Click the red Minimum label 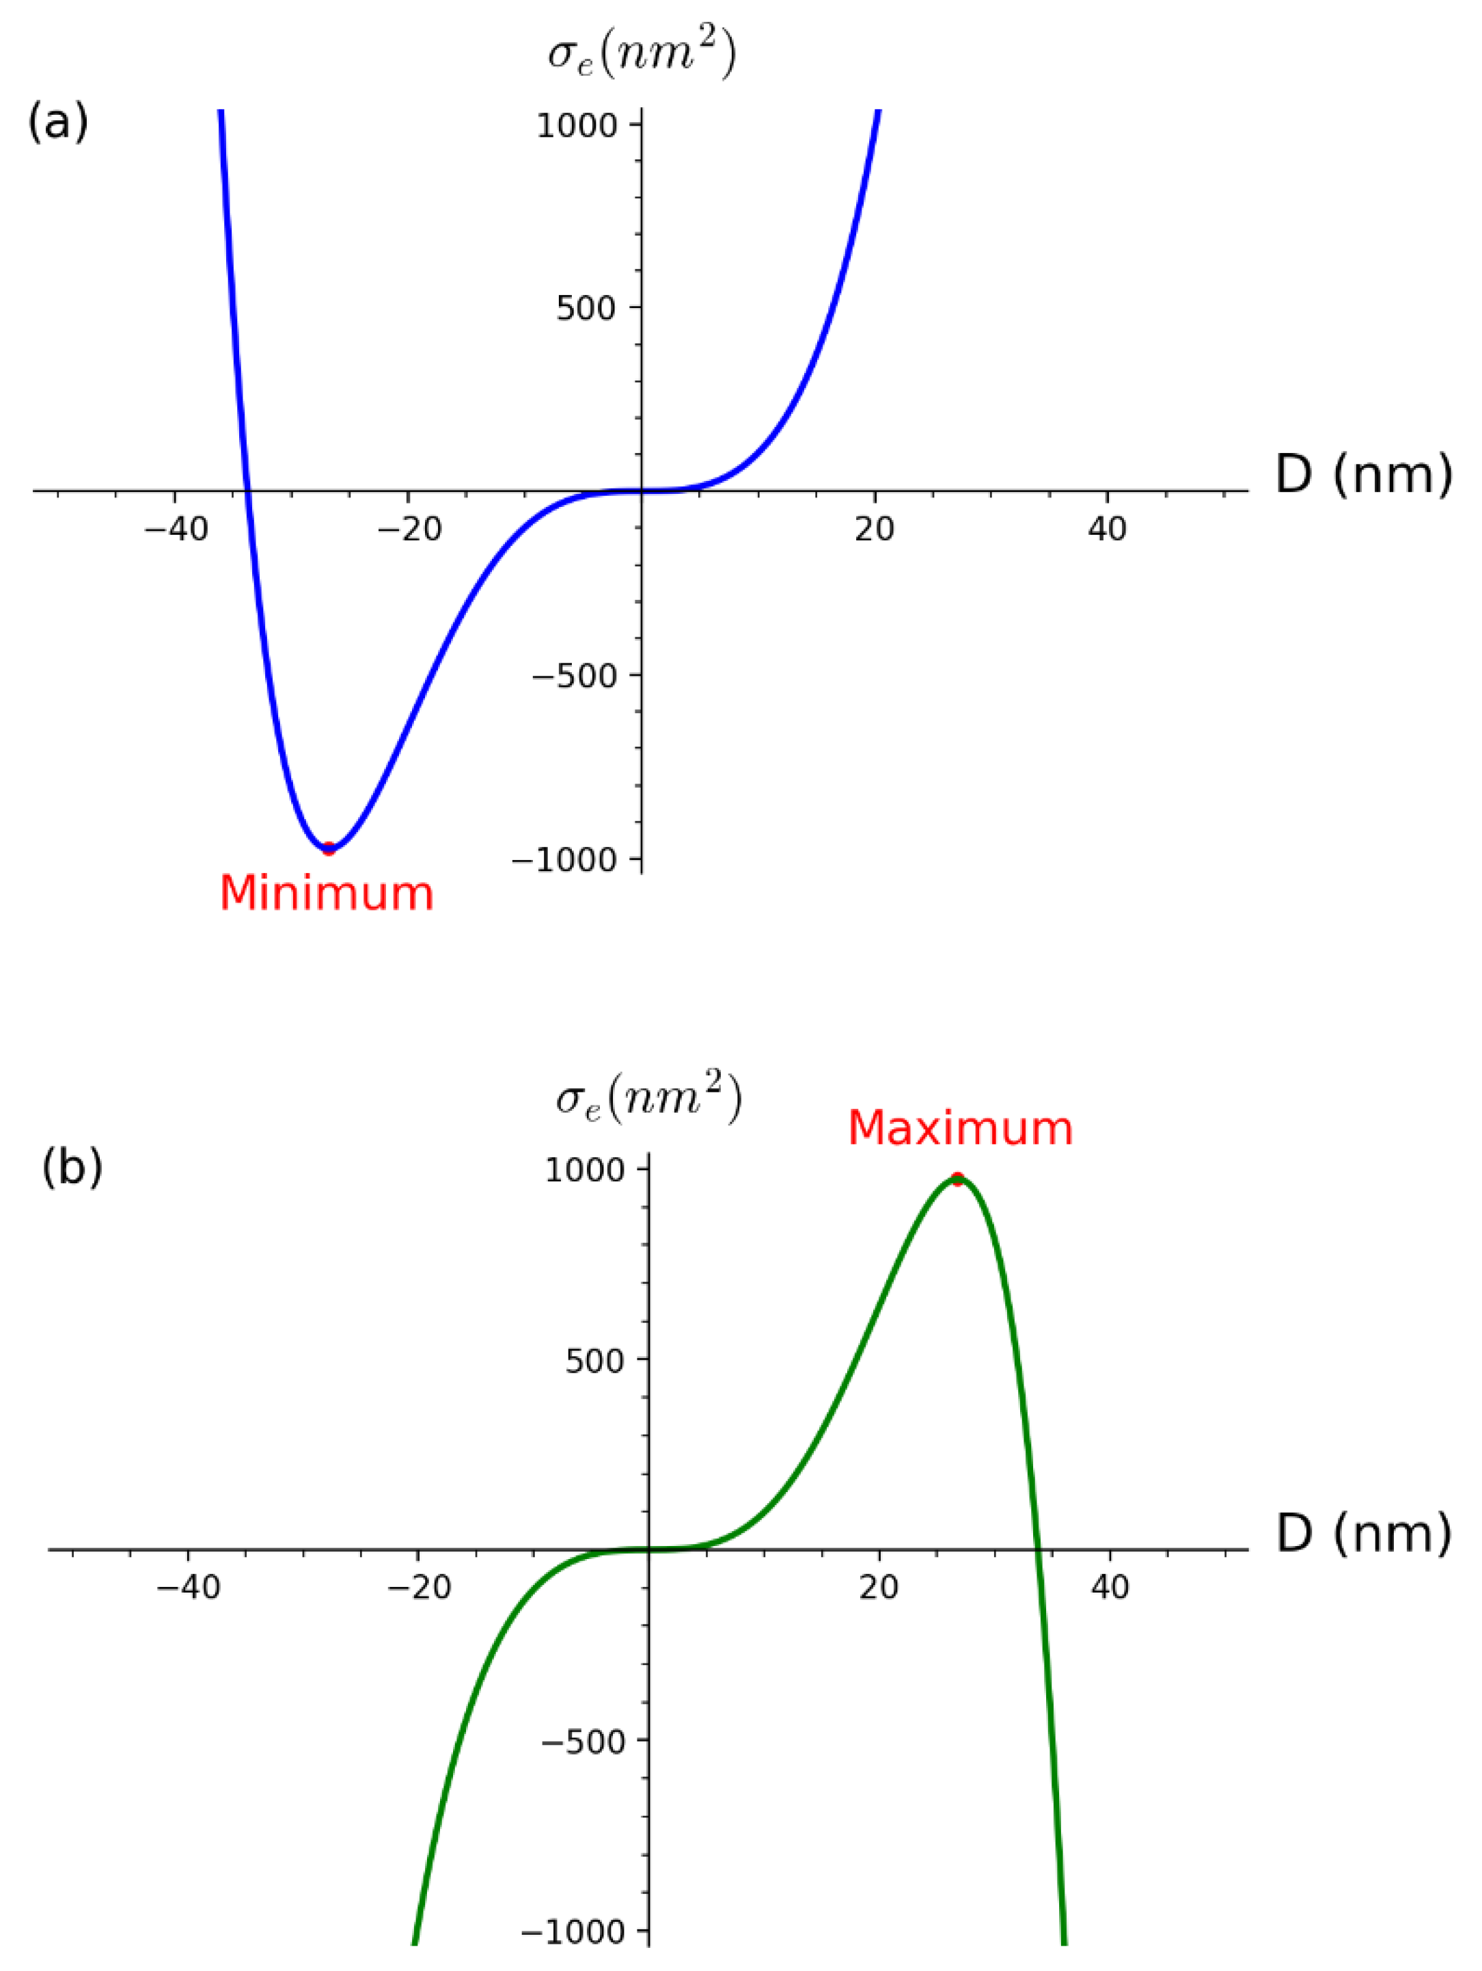(326, 894)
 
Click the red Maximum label (960, 1129)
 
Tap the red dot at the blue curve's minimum (329, 847)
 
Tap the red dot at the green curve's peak (958, 1179)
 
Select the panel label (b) (72, 1168)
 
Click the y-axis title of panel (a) (642, 55)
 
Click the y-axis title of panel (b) (649, 1099)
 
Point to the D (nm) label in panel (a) (1364, 474)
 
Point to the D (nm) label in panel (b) (1364, 1532)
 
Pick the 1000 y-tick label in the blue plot (577, 126)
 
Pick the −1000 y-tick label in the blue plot (565, 860)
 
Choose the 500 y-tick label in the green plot (594, 1361)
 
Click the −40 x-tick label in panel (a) (176, 530)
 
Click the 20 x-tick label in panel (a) (873, 530)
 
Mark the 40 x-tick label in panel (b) (1110, 1587)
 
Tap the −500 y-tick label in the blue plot (574, 676)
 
